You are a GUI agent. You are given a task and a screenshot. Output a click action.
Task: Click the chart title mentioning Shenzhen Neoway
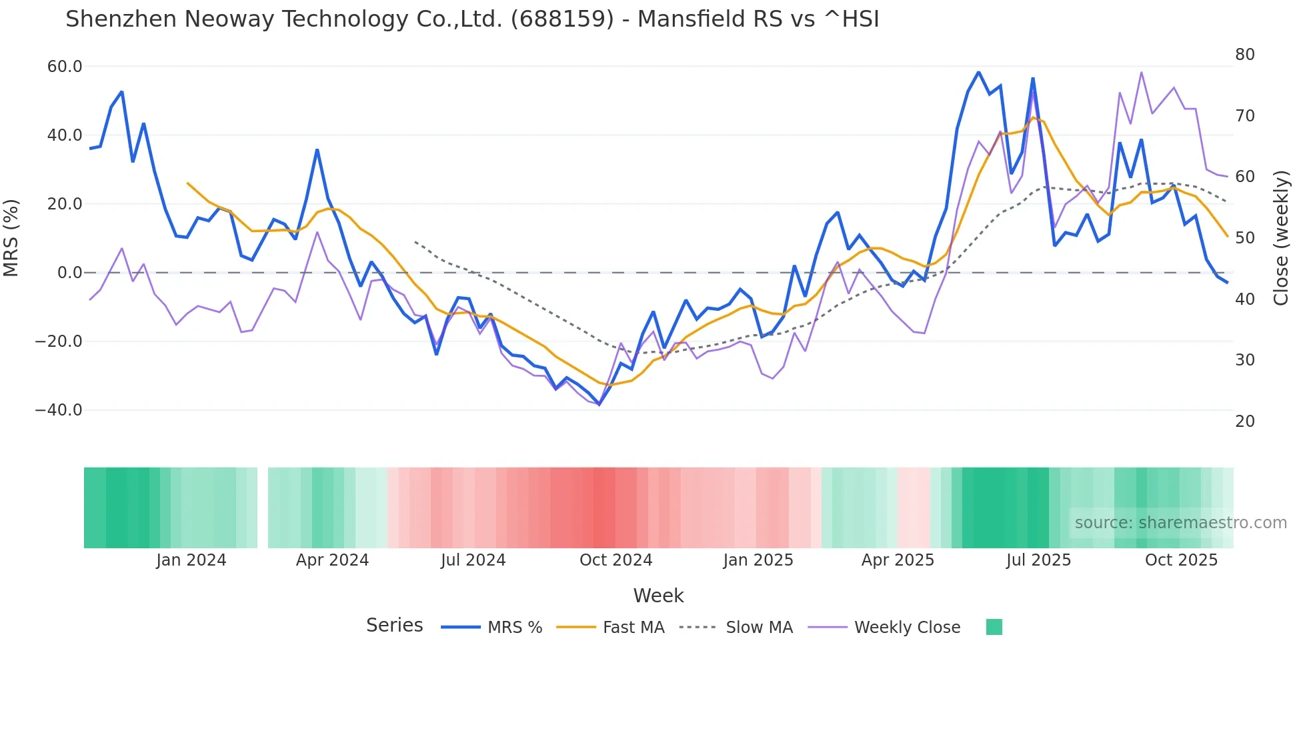[x=472, y=19]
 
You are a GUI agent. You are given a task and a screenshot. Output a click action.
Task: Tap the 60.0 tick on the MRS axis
[x=65, y=67]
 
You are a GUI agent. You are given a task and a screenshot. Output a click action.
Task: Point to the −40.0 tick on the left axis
[x=59, y=410]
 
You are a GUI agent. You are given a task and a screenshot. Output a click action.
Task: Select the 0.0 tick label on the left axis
[x=69, y=273]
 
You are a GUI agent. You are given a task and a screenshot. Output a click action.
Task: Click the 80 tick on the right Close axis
[x=1244, y=55]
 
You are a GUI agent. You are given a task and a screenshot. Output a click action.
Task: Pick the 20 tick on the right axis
[x=1244, y=422]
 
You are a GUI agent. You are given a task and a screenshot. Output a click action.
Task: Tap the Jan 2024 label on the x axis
[x=191, y=560]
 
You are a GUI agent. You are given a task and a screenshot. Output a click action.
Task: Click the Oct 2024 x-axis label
[x=615, y=560]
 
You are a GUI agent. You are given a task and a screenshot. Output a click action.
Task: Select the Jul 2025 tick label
[x=1038, y=560]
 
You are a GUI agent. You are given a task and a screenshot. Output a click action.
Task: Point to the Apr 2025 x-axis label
[x=898, y=560]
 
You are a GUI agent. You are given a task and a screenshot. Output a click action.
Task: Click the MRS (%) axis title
[x=11, y=238]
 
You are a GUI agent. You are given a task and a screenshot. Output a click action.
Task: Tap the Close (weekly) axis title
[x=1281, y=238]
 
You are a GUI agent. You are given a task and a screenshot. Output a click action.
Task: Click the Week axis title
[x=658, y=596]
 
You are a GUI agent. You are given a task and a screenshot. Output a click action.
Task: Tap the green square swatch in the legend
[x=994, y=627]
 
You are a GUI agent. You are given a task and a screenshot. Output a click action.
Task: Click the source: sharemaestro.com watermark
[x=1180, y=523]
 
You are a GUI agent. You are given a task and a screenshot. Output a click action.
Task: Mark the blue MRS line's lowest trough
[x=599, y=404]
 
